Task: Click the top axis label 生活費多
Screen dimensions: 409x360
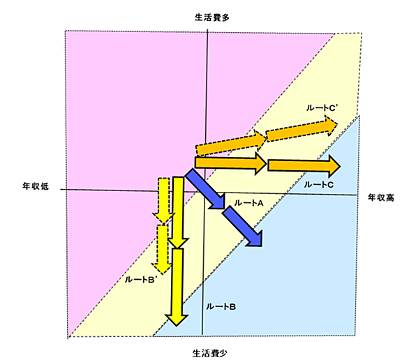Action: (212, 17)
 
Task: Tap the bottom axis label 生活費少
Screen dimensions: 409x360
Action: (209, 354)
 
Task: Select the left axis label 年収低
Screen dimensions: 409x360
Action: (36, 186)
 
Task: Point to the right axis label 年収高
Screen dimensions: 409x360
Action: (381, 197)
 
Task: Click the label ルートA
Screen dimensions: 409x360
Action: (248, 203)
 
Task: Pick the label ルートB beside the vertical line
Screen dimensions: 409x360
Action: (221, 306)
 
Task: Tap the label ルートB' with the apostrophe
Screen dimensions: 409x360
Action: (140, 280)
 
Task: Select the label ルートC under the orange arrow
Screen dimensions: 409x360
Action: (319, 185)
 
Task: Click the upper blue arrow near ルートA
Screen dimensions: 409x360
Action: (205, 188)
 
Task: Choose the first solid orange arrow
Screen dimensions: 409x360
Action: (230, 163)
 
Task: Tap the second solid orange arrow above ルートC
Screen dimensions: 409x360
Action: (304, 166)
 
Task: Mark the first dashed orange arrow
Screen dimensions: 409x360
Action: (231, 142)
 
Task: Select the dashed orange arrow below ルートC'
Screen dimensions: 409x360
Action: (302, 130)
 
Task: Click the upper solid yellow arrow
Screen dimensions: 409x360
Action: (178, 213)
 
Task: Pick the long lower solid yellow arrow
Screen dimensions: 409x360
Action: (177, 287)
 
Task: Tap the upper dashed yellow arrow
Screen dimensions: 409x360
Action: (163, 201)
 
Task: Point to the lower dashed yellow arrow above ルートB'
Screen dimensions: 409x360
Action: (162, 250)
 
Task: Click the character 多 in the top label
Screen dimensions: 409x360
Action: (225, 17)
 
